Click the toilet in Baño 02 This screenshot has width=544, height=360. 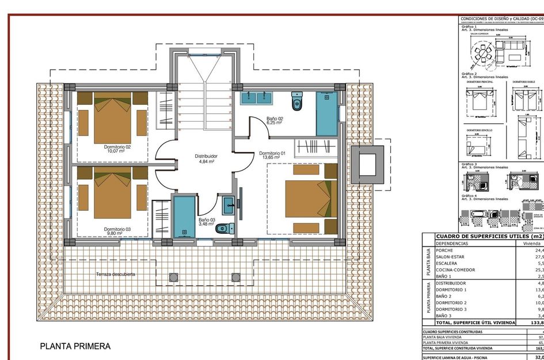297,101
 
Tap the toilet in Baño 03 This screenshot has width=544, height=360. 222,229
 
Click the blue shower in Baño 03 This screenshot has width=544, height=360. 184,217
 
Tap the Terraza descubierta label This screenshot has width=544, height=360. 116,275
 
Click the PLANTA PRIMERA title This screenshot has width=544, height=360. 75,347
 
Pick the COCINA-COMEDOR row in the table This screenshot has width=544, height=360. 455,270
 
